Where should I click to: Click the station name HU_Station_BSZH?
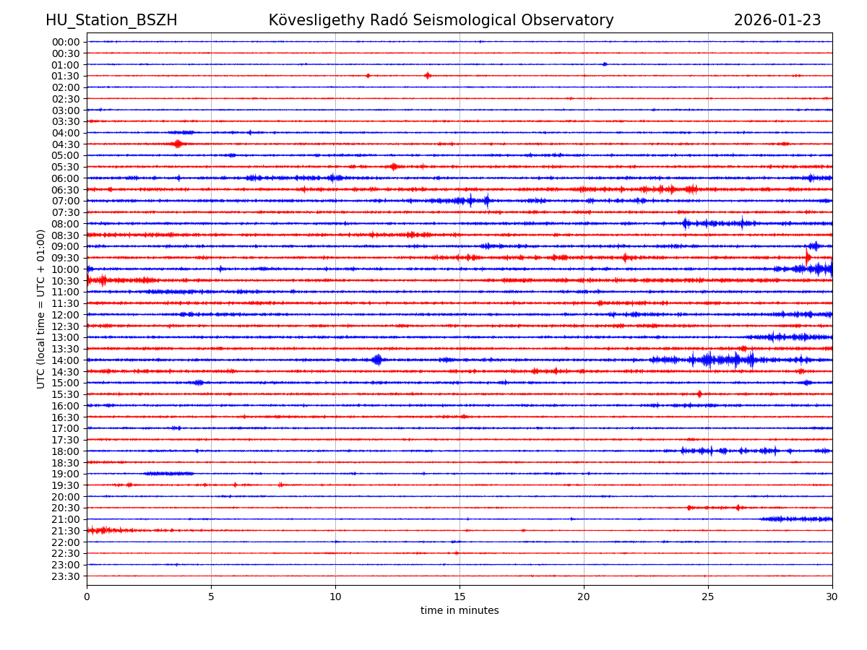point(111,20)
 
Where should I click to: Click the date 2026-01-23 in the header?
point(777,20)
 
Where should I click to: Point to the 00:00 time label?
point(66,42)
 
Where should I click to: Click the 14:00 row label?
point(66,360)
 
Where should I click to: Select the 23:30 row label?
point(66,576)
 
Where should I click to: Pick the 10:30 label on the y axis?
point(66,281)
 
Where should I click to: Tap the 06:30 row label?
point(66,190)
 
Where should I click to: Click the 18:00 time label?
point(66,451)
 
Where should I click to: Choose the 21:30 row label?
point(66,531)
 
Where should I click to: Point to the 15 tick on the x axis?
point(460,597)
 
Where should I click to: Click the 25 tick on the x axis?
point(708,597)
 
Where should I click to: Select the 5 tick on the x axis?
point(211,597)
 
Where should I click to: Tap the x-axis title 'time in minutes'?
point(460,611)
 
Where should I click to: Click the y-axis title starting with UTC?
point(41,308)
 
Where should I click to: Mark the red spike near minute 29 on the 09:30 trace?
point(808,257)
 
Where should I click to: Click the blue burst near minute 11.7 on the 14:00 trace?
point(377,360)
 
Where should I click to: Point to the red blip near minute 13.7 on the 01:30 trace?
point(428,76)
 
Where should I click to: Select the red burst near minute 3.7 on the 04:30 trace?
point(178,144)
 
